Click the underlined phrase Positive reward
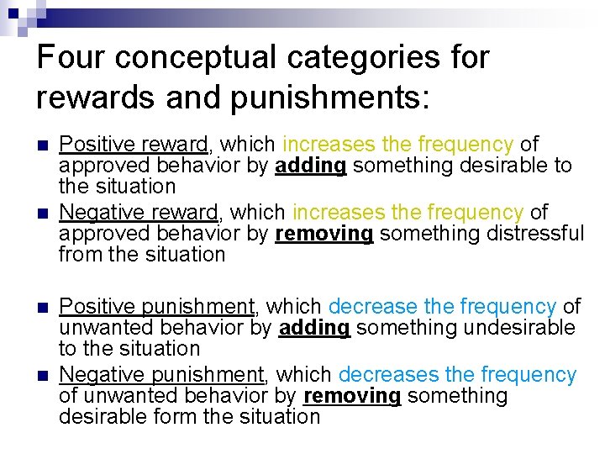[x=134, y=145]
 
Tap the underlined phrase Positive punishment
[x=156, y=307]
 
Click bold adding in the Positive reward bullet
[x=310, y=166]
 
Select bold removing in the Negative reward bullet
[x=324, y=234]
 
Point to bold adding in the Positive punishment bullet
[x=313, y=328]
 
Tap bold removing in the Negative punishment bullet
[x=352, y=396]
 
